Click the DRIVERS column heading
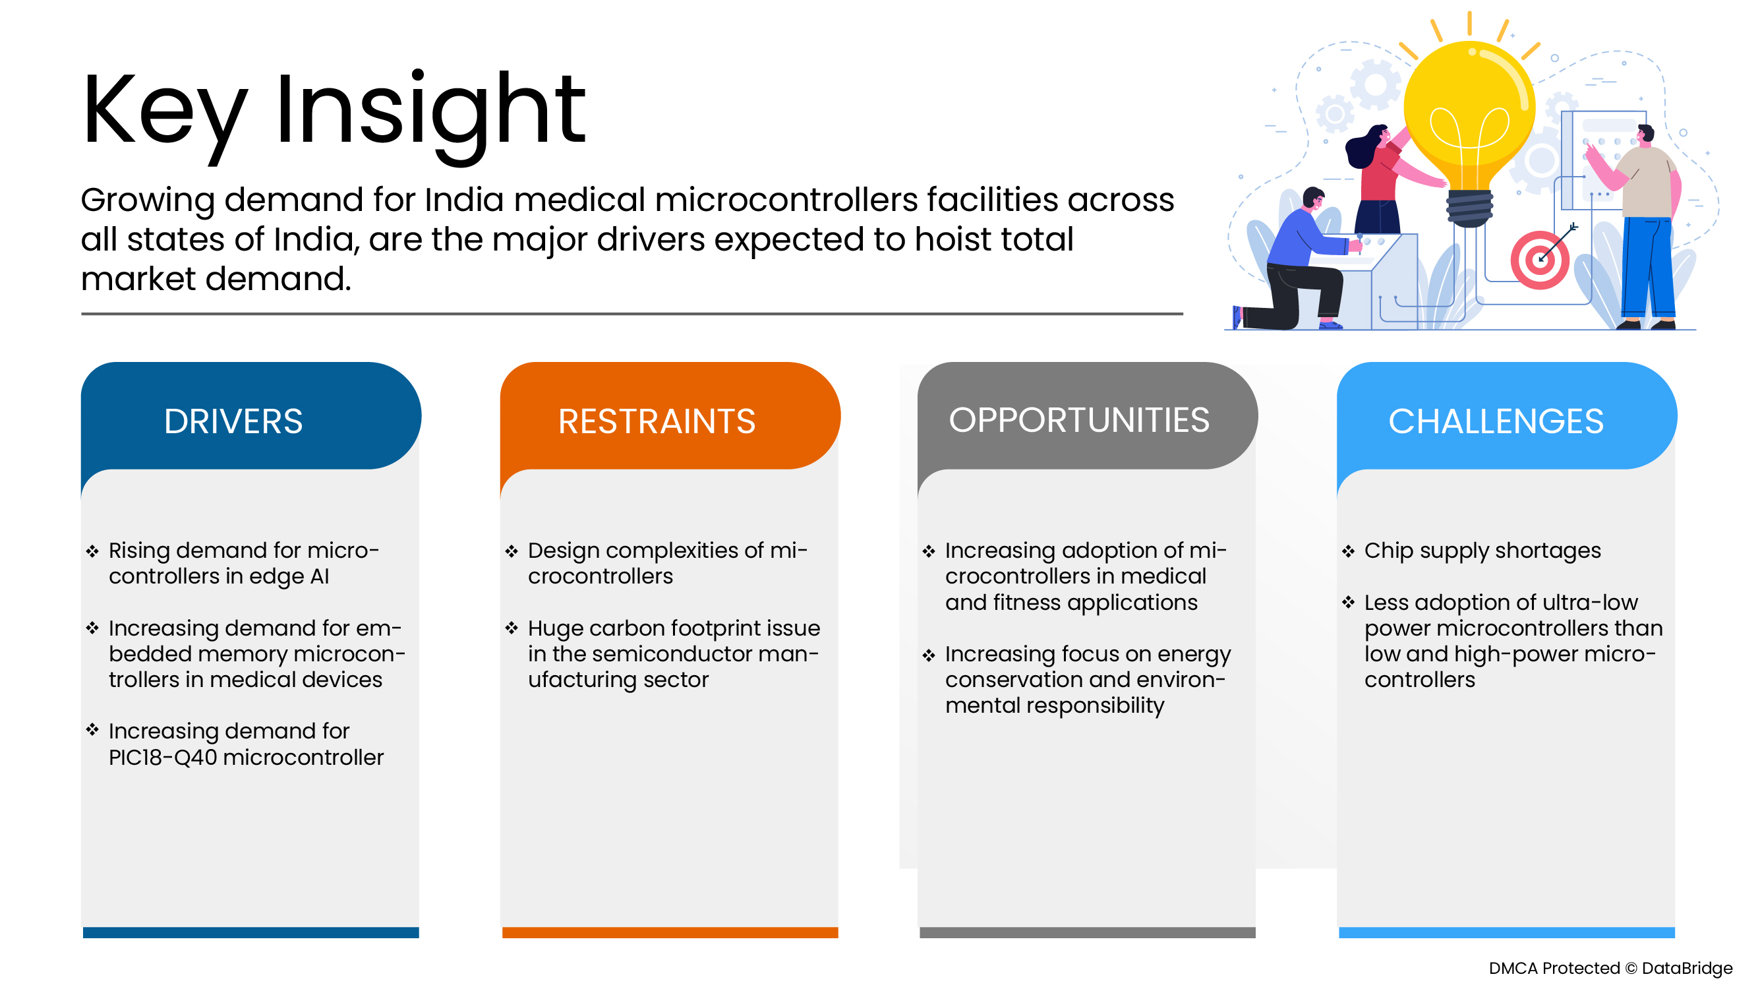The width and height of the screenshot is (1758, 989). click(x=233, y=422)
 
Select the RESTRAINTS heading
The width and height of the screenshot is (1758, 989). click(x=657, y=422)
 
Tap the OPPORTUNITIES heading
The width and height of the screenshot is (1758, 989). click(x=1079, y=421)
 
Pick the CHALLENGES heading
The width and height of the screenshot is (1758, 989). click(x=1496, y=422)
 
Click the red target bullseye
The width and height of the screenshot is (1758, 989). click(x=1540, y=260)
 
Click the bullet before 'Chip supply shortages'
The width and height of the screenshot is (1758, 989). click(x=1348, y=551)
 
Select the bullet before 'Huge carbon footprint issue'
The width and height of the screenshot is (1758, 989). click(x=512, y=628)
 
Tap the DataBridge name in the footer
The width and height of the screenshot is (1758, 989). click(x=1687, y=969)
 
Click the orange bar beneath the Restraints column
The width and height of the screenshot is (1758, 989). click(x=670, y=932)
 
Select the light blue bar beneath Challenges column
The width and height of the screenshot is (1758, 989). click(x=1507, y=932)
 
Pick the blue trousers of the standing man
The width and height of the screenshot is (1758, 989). click(x=1647, y=269)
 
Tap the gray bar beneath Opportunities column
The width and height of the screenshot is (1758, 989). click(x=1088, y=932)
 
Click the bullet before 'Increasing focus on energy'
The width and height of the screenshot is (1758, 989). click(x=929, y=655)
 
